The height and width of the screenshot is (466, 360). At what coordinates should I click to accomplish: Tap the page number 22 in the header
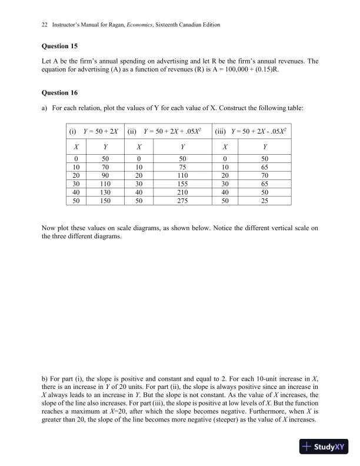(x=45, y=25)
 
